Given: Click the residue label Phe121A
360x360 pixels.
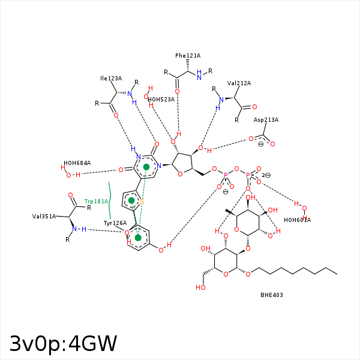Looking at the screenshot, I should (188, 56).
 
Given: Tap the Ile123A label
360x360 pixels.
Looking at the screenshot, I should (111, 79).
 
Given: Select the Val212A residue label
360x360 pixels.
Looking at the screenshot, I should (239, 83).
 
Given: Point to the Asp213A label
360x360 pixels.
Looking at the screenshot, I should (266, 120).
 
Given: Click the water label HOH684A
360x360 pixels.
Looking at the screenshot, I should (77, 163).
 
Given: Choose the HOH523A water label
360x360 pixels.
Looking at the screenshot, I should (161, 100).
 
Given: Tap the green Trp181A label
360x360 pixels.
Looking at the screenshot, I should (96, 202).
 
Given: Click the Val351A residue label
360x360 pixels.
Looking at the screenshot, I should (44, 216).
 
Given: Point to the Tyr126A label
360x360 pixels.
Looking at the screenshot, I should (115, 223).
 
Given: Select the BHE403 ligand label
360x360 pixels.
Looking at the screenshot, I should (272, 295).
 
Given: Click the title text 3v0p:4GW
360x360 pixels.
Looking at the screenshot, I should (63, 344).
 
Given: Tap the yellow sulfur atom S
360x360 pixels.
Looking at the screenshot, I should (142, 202).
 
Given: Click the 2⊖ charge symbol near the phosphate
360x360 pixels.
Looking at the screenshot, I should (266, 175).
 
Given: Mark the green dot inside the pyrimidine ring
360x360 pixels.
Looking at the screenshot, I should (146, 167).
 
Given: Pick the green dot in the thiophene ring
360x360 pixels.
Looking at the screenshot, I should (131, 200).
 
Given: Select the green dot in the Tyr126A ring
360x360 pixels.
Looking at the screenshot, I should (138, 238).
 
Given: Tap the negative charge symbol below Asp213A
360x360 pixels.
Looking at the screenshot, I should (260, 145).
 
